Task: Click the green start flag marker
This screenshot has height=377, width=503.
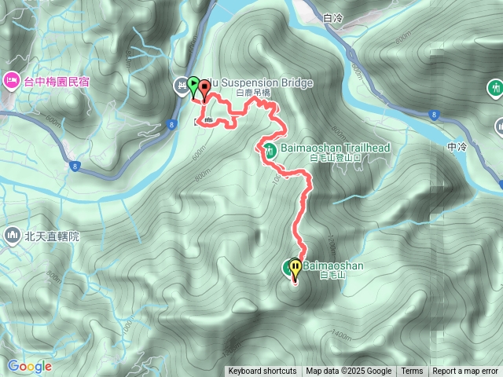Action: click(193, 83)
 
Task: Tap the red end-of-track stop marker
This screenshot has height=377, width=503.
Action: click(205, 88)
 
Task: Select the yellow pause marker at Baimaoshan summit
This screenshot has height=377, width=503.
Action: click(296, 268)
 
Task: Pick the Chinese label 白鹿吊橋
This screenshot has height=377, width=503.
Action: click(255, 93)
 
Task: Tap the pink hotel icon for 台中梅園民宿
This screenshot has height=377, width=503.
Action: click(12, 79)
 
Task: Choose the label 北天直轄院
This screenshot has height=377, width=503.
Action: click(53, 236)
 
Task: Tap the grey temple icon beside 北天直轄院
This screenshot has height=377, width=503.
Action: click(12, 235)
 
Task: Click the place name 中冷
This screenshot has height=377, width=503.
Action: click(456, 145)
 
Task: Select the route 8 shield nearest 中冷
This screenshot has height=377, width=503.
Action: click(434, 115)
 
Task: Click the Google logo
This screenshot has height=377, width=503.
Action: click(29, 366)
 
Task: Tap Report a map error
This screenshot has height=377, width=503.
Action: click(465, 372)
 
